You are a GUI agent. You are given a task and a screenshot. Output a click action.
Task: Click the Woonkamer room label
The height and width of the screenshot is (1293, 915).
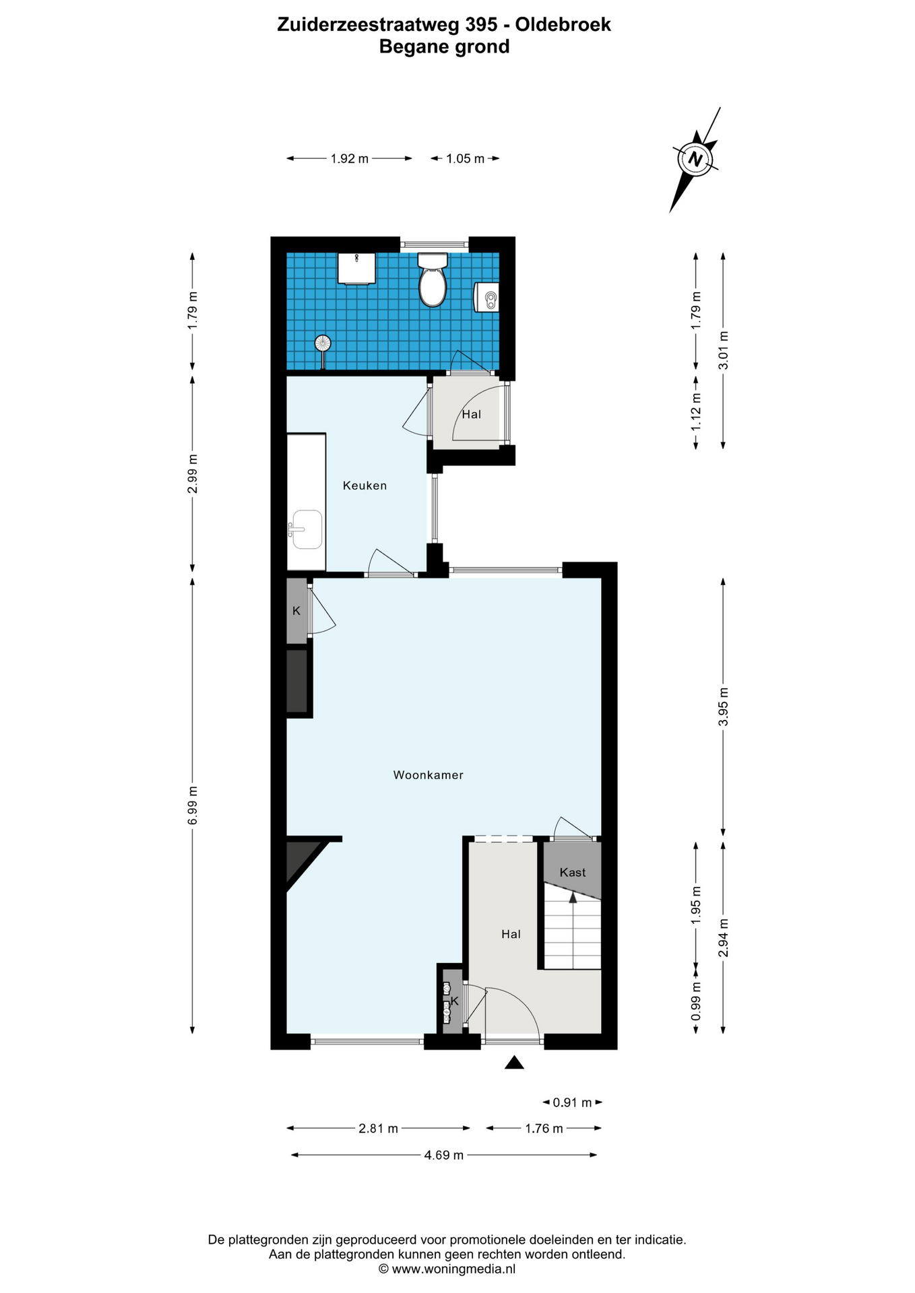(429, 775)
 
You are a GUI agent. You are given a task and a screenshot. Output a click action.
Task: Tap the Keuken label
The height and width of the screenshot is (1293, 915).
(365, 486)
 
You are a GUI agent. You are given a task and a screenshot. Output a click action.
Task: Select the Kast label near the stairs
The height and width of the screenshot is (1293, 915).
(573, 872)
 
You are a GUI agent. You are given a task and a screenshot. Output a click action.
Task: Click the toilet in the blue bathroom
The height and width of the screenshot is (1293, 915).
(433, 279)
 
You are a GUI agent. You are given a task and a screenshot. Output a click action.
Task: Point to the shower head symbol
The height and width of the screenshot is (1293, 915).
(323, 343)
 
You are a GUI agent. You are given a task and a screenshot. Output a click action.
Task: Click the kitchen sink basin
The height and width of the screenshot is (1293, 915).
(307, 530)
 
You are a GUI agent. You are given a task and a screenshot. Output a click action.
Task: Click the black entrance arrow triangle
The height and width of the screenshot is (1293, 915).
(515, 1062)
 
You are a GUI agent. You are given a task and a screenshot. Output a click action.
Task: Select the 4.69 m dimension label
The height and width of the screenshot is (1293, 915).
(444, 1155)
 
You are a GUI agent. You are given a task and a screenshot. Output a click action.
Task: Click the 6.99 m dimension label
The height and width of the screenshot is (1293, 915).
(193, 805)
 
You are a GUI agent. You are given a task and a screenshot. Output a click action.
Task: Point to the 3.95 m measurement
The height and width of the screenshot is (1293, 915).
(724, 706)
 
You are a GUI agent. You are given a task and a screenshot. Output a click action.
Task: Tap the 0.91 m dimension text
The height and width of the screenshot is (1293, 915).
(572, 1102)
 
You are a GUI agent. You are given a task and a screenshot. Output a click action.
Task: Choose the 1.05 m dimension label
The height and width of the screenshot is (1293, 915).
(466, 159)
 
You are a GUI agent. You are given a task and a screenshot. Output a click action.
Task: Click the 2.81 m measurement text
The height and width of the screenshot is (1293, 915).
(379, 1128)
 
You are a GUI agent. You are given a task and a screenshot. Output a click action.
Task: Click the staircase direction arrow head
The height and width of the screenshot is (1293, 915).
(573, 896)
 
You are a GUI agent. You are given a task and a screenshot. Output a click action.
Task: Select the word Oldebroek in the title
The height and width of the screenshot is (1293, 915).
(563, 25)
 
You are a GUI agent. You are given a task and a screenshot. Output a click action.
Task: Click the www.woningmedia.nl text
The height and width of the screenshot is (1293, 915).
(453, 1269)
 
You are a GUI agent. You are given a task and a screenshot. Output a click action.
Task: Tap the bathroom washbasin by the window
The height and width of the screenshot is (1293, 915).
(357, 269)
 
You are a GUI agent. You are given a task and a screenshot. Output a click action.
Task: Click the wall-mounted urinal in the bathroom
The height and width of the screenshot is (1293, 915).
(487, 297)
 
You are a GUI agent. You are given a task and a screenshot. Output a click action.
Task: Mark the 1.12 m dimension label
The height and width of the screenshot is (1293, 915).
(696, 412)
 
